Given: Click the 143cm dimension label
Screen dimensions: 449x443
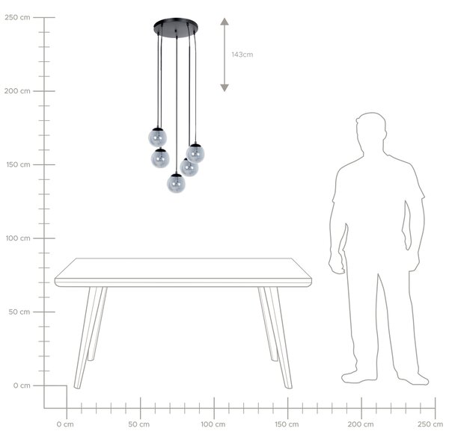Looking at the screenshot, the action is tap(242, 55).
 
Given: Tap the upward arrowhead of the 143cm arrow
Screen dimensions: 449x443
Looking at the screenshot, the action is tap(224, 22).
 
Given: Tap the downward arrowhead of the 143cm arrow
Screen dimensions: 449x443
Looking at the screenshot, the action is tap(224, 88).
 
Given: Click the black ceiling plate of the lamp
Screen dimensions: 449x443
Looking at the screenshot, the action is tap(176, 28).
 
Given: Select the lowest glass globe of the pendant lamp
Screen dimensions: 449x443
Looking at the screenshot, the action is tap(176, 183).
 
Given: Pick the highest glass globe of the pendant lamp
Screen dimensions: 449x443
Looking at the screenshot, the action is tap(157, 137).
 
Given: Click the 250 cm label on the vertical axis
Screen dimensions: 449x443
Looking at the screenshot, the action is tap(17, 17).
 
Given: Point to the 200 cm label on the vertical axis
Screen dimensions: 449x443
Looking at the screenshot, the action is tap(17, 91).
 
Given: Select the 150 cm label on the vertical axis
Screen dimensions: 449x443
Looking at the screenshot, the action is tap(18, 164).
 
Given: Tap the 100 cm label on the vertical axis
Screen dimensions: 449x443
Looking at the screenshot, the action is tap(18, 238).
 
